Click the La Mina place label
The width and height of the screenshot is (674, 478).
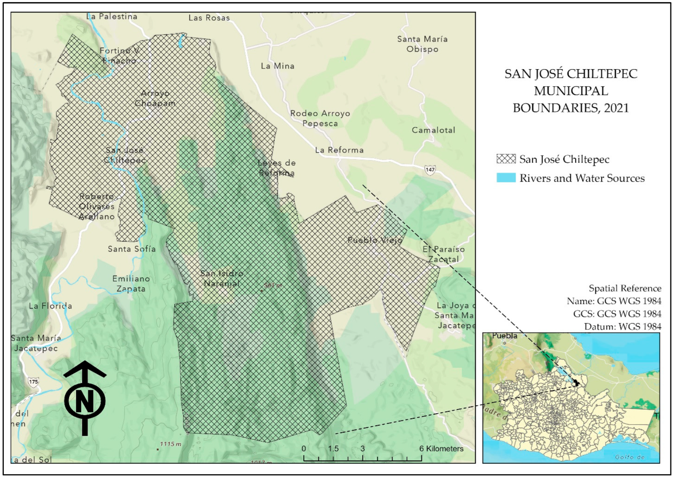pos(277,66)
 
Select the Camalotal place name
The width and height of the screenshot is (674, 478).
pos(433,130)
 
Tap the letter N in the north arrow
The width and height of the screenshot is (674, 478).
pos(85,401)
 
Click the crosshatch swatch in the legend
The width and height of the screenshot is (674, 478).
pos(506,159)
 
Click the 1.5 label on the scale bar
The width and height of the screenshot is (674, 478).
pos(333,449)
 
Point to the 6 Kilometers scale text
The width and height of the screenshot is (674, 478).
pos(441,449)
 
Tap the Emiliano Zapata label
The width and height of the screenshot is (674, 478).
pos(131,284)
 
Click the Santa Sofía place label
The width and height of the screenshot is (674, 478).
pos(132,249)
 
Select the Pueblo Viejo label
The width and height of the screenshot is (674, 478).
pos(375,240)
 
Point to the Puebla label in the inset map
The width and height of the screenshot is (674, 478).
pos(504,336)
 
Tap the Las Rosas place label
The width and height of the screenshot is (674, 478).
pos(209,18)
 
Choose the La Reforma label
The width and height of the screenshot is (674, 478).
pos(339,150)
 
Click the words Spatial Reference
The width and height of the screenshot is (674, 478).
pos(625,288)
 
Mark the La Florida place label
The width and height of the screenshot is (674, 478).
pos(50,306)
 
